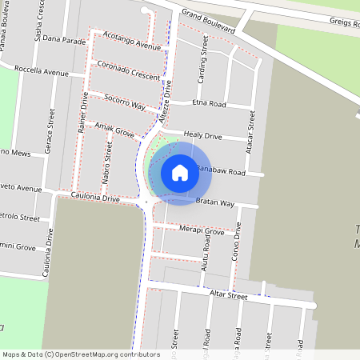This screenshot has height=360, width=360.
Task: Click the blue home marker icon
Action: point(180,173)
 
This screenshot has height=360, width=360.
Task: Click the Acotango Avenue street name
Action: point(131,42)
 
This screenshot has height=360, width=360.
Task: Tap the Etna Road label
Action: point(210,105)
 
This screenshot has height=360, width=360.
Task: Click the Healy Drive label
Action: point(202,136)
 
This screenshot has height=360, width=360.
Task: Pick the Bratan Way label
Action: point(214,203)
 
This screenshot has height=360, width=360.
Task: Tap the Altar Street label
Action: point(229,295)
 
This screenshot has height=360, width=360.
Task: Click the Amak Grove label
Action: point(114,129)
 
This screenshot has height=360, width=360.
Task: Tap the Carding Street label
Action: point(204,71)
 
